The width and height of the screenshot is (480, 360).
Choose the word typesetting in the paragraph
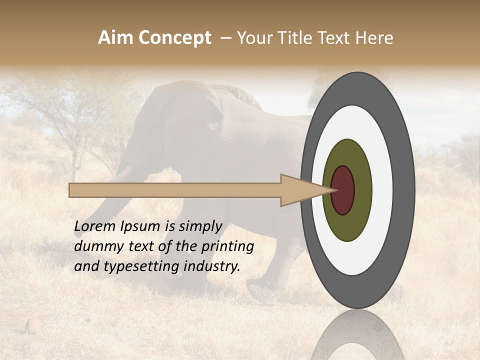point(134,267)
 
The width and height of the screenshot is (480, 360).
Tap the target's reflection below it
point(357,337)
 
